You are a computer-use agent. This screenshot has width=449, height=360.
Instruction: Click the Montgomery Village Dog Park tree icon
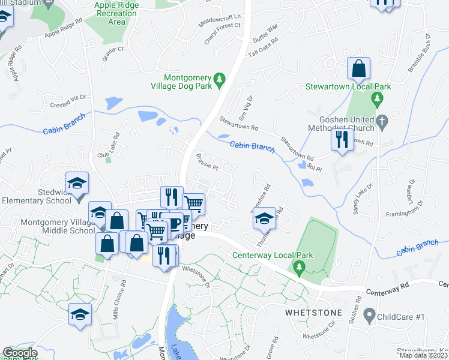point(220,79)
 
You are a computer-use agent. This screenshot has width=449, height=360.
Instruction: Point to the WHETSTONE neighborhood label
point(313,313)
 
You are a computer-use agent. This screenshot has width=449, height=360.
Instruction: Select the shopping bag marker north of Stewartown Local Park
point(358,70)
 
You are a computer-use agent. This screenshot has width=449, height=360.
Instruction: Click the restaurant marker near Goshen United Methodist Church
point(342,140)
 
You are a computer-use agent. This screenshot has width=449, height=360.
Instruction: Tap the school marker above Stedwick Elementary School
point(77,183)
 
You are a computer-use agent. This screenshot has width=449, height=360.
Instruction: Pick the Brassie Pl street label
point(206,162)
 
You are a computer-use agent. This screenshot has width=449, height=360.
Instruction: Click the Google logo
point(19,353)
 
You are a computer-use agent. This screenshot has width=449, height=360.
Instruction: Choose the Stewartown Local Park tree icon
point(377,98)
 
